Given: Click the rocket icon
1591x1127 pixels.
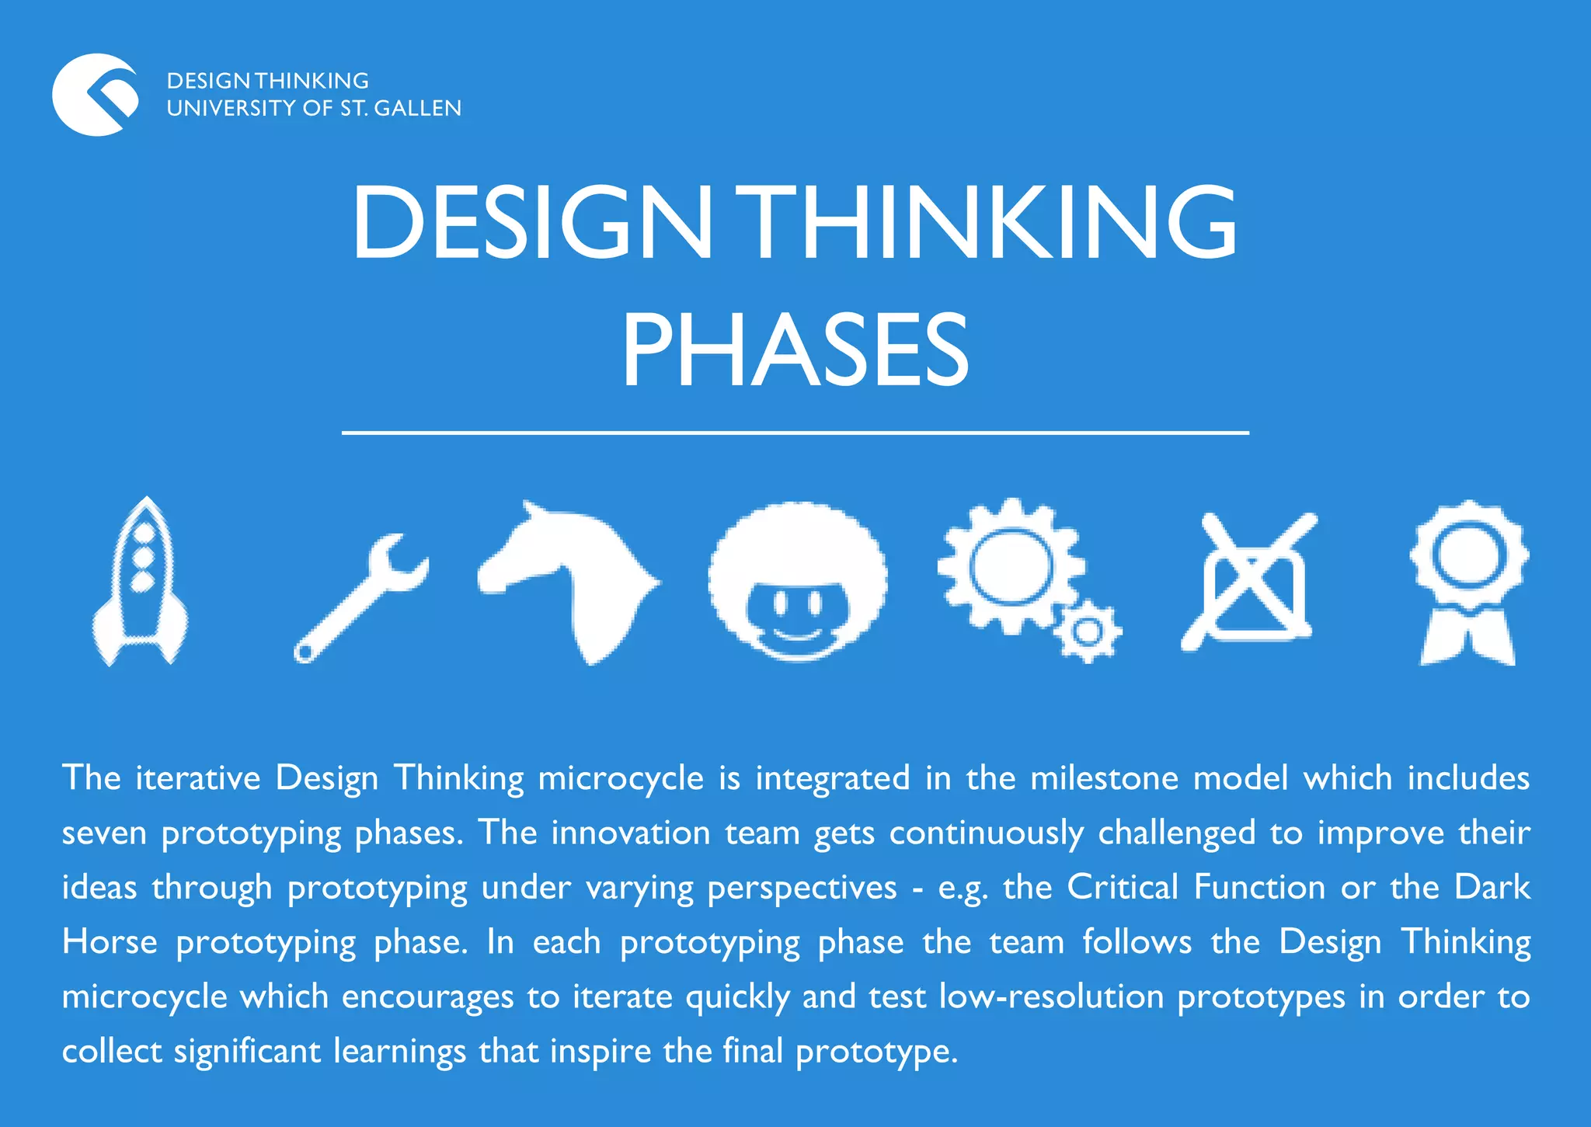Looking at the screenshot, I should click(x=141, y=583).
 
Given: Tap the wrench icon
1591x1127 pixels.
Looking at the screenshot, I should click(x=359, y=598).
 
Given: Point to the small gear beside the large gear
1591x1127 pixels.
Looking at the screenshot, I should click(x=1088, y=631).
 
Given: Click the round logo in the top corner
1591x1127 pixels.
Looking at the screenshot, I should click(x=96, y=95).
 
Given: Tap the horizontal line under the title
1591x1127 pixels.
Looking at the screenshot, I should click(x=795, y=432).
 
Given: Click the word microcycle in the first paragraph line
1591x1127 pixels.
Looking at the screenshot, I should click(x=621, y=778).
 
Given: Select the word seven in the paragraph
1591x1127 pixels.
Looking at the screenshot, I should click(x=104, y=833).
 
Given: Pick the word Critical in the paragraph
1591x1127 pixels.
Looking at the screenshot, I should click(x=1123, y=887).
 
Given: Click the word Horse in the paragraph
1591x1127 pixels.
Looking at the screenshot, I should click(x=110, y=942).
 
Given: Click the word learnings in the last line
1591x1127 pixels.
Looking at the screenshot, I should click(x=400, y=1052).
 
